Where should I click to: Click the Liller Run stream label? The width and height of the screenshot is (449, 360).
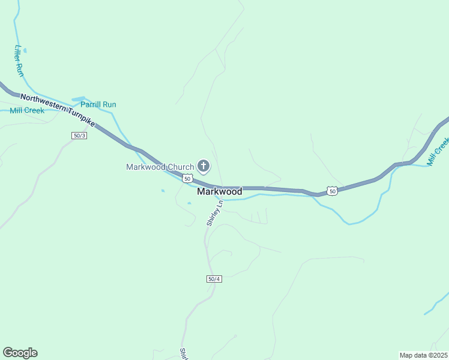[19, 61]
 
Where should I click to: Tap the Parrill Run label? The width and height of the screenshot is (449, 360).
[98, 104]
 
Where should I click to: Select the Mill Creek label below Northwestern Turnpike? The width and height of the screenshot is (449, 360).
[27, 110]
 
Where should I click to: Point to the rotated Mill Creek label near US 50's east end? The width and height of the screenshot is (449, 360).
[438, 151]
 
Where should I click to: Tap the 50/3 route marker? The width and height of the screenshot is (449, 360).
[79, 136]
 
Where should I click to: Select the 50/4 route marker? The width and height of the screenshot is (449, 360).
[214, 279]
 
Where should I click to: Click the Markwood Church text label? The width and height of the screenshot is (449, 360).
[160, 167]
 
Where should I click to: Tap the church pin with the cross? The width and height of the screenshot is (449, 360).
[203, 166]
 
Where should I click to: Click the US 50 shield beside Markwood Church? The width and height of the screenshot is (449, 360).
[188, 179]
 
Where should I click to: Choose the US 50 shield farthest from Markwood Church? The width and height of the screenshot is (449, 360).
[333, 191]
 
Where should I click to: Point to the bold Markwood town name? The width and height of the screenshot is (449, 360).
[220, 192]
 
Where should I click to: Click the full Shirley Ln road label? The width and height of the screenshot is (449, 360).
[214, 213]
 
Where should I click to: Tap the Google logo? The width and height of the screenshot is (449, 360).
[20, 353]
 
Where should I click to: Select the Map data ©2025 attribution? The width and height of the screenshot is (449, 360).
[423, 355]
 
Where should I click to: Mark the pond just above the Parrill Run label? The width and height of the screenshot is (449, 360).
[79, 99]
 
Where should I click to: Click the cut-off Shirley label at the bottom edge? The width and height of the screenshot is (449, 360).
[182, 354]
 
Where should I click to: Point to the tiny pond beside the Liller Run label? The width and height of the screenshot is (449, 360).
[25, 50]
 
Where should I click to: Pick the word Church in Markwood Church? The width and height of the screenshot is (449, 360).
[179, 167]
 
